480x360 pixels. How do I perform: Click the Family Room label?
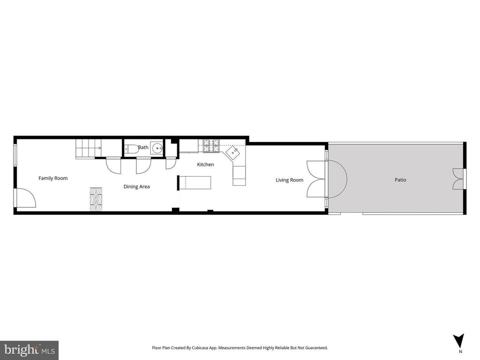click(x=53, y=178)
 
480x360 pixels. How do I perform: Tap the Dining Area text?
click(x=136, y=187)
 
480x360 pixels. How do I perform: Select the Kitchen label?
click(x=205, y=165)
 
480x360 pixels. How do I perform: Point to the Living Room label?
click(x=289, y=180)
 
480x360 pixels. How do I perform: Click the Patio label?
click(x=400, y=180)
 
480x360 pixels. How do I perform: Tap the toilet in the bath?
click(x=132, y=149)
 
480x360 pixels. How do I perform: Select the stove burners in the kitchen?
click(x=211, y=146)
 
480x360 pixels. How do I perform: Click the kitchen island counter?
click(x=195, y=182)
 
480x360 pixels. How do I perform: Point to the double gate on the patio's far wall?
click(x=457, y=179)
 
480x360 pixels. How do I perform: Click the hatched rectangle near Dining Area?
click(x=96, y=199)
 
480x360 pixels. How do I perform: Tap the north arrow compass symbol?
click(x=459, y=341)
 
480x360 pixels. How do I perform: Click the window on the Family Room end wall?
click(x=15, y=155)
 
